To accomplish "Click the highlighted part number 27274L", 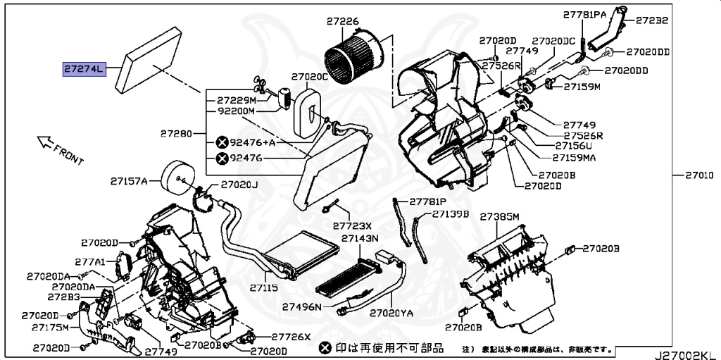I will click(x=84, y=69).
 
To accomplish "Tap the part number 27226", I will click(x=342, y=22).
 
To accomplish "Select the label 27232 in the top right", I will click(x=651, y=20).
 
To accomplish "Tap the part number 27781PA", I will click(x=584, y=14).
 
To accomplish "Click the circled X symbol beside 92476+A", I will click(x=221, y=142).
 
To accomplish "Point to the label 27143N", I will click(x=360, y=239).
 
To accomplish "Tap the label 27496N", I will click(x=302, y=306).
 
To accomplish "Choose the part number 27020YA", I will click(x=395, y=312).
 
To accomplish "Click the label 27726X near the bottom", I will click(x=291, y=337).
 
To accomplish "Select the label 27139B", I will click(x=451, y=213).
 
